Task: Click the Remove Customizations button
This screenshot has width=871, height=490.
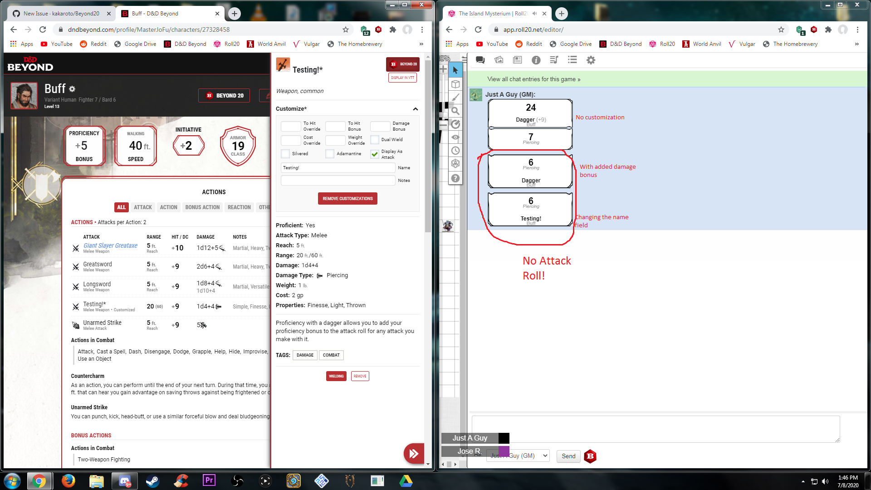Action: pos(347,199)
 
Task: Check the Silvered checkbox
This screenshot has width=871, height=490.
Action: pos(285,154)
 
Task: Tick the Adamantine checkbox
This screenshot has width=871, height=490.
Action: pos(330,154)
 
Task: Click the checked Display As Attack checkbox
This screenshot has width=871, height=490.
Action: pos(375,154)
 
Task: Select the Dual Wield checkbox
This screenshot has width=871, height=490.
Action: pos(375,140)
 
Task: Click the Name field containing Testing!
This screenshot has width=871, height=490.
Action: pos(338,168)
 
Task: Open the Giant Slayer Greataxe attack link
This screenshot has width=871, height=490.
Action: pos(110,245)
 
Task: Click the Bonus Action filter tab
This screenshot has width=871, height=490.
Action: pos(202,207)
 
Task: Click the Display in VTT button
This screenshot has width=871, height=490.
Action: pos(402,78)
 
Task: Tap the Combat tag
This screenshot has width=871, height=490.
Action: pos(331,355)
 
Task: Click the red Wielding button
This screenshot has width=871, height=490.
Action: pos(336,376)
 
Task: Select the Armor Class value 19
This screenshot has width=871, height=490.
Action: pos(238,146)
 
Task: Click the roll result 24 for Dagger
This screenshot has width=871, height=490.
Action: pos(531,108)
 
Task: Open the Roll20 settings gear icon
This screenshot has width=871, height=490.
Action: pos(591,60)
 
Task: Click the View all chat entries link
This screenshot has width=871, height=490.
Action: pos(533,79)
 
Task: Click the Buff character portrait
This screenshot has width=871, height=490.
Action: pos(24,96)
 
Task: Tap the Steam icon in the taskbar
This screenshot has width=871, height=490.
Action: pos(152,480)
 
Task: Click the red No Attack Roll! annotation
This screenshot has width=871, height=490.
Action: pos(546,268)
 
